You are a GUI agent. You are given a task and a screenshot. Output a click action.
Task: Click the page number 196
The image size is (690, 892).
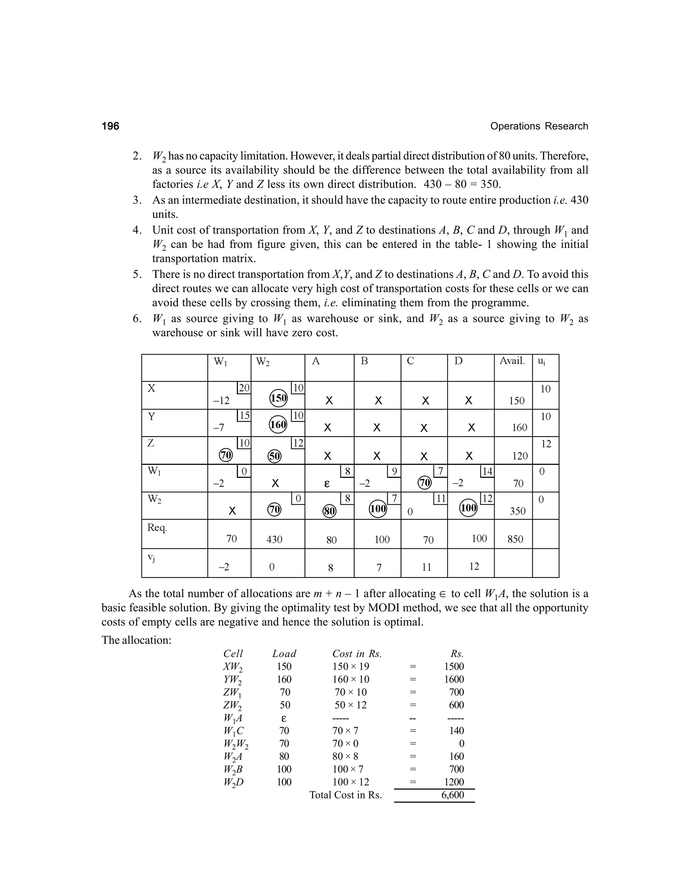(x=111, y=126)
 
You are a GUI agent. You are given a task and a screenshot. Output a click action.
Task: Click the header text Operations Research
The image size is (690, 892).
(x=539, y=126)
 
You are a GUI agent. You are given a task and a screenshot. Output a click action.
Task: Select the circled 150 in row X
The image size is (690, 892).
(x=278, y=398)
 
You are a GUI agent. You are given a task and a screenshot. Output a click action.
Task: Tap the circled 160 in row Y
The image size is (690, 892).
(x=278, y=425)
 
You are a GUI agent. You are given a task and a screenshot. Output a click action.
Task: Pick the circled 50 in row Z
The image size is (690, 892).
(x=275, y=456)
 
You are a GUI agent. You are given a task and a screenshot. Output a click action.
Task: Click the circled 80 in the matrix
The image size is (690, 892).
(x=330, y=511)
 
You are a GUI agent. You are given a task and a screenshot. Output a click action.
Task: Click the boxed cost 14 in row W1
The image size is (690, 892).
(x=487, y=472)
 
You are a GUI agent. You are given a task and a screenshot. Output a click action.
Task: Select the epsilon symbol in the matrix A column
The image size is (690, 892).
(x=326, y=484)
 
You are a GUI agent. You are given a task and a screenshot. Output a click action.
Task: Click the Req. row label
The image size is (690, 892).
(x=157, y=528)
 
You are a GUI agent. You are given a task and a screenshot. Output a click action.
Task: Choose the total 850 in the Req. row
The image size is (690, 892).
(x=515, y=539)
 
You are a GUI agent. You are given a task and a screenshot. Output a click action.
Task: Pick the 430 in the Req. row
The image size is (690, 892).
(x=274, y=540)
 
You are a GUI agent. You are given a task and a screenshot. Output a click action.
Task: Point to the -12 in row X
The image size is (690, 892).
(x=222, y=401)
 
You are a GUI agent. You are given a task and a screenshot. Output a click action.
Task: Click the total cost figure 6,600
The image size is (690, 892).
(x=452, y=795)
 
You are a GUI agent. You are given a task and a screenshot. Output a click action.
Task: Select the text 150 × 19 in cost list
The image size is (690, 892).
(x=351, y=666)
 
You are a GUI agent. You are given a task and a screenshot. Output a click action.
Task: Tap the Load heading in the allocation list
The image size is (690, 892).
(x=284, y=653)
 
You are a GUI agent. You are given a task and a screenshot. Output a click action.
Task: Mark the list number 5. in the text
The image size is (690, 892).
(x=137, y=274)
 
